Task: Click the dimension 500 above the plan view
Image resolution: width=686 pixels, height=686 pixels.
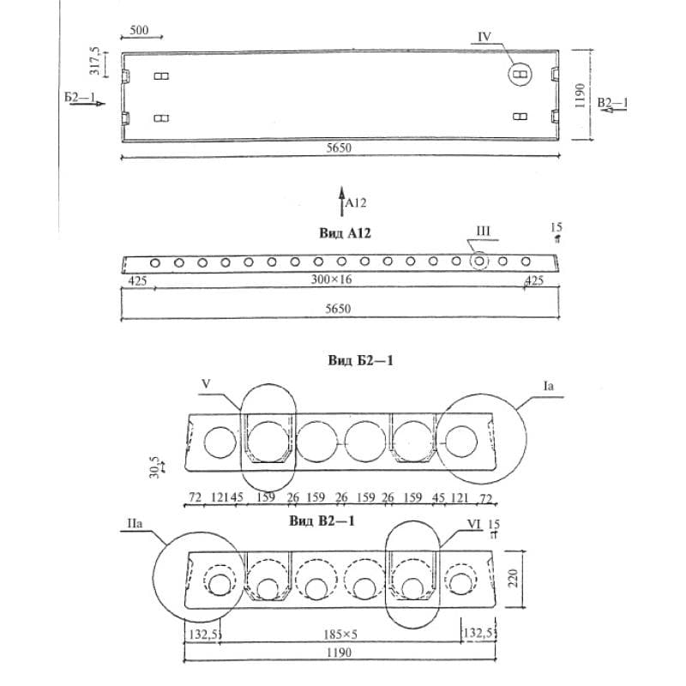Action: [x=139, y=31]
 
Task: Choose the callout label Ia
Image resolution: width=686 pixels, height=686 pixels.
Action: [x=549, y=387]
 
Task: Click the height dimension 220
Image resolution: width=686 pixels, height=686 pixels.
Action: [x=513, y=580]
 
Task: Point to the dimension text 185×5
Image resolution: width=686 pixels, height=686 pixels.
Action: [x=340, y=635]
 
